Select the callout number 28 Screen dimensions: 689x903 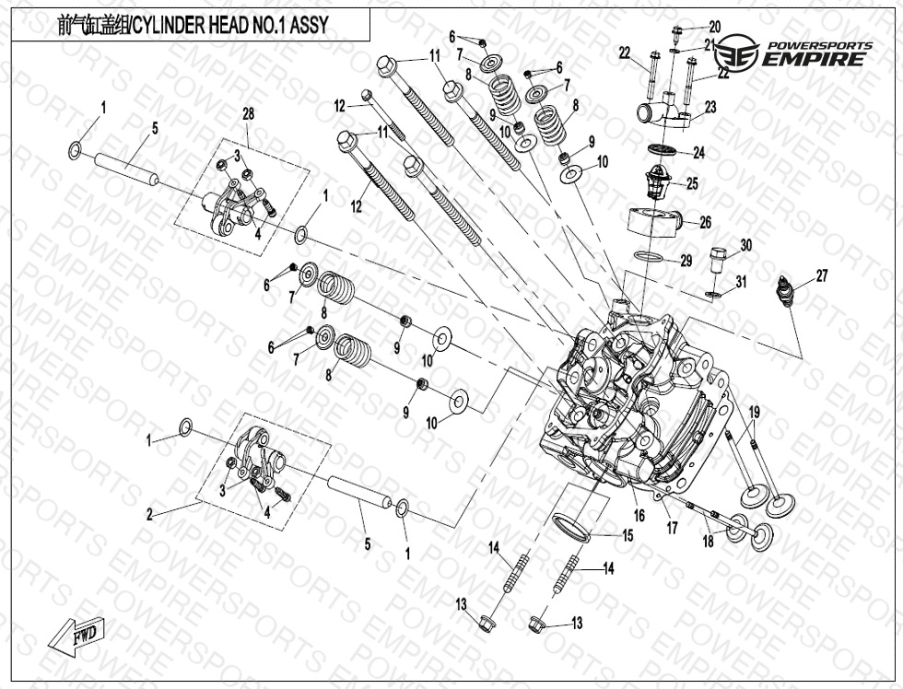247,113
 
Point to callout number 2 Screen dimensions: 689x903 149,515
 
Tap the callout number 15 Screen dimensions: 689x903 627,535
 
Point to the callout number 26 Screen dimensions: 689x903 705,222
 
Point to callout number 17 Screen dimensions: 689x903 673,528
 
